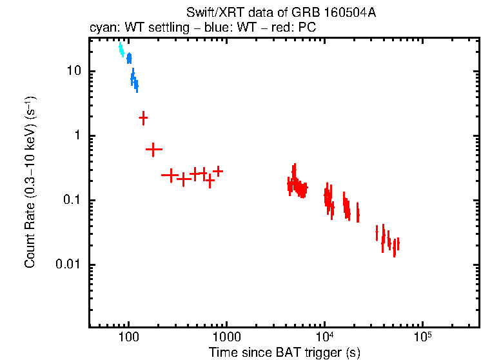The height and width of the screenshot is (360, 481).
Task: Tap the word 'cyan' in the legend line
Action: pyautogui.click(x=100, y=28)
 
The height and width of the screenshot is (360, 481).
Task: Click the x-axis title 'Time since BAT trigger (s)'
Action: pyautogui.click(x=284, y=352)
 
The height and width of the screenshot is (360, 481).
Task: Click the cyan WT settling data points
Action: pyautogui.click(x=121, y=50)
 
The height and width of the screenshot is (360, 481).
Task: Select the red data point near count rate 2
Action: pyautogui.click(x=143, y=117)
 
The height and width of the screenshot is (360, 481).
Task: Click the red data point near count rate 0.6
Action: pyautogui.click(x=153, y=150)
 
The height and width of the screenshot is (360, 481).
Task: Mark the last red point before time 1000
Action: pyautogui.click(x=218, y=171)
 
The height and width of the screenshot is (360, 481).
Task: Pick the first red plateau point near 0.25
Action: pyautogui.click(x=170, y=175)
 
